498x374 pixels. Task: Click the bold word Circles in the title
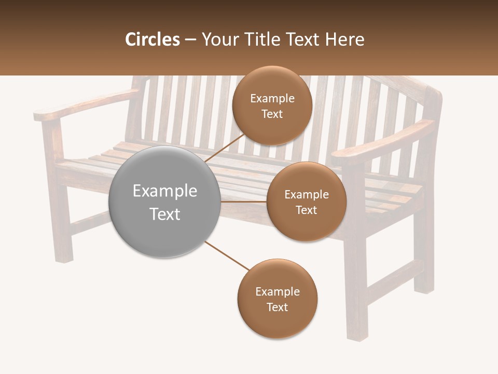152,39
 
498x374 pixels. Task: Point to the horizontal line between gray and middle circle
244,202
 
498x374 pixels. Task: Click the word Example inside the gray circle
164,191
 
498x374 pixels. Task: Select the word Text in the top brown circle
272,114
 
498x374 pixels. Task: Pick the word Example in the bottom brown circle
277,291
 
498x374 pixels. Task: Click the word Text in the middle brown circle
307,210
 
